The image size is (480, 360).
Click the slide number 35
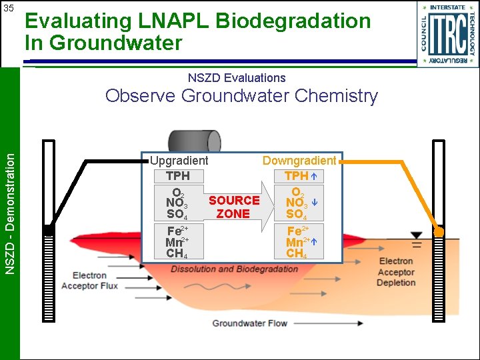[9, 9]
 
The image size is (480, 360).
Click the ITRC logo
[448, 34]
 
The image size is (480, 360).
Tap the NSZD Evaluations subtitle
[236, 78]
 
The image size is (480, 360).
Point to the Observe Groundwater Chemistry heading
[241, 96]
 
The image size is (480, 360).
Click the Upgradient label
[179, 161]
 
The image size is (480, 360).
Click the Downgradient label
[299, 161]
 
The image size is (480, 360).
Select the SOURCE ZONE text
[233, 207]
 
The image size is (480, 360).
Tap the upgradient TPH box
[178, 176]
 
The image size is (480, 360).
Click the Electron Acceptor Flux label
[89, 281]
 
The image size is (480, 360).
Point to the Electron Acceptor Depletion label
[396, 272]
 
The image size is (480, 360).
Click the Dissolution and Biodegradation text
[234, 269]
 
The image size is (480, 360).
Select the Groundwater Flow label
[249, 323]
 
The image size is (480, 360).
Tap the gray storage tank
[194, 142]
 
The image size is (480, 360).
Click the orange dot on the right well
[439, 231]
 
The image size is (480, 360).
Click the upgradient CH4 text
[176, 253]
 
